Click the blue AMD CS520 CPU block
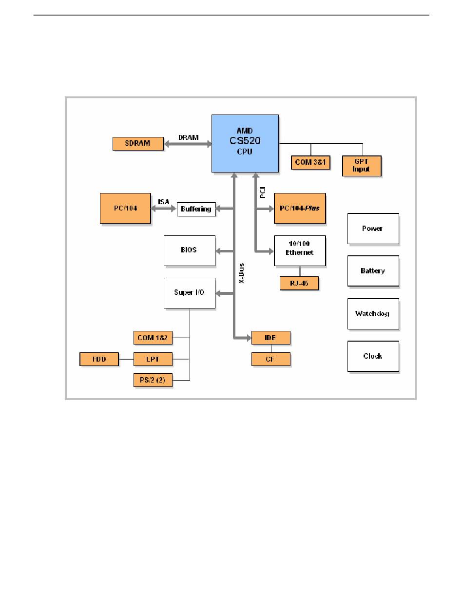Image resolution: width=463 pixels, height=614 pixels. coord(245,143)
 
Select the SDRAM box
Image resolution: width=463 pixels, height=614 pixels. coord(138,143)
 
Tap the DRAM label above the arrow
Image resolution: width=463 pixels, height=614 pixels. coord(189,137)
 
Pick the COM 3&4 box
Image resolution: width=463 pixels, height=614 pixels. coord(310,162)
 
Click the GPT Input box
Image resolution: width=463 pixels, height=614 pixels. coord(362,166)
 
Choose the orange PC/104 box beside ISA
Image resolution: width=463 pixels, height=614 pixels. coord(125,208)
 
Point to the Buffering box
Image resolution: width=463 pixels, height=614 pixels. coord(196,209)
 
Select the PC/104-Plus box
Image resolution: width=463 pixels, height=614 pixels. coord(300,208)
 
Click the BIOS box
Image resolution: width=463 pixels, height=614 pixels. coord(190,250)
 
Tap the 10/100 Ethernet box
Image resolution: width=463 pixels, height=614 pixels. coord(300,250)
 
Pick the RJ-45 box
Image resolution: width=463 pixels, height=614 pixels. coord(299,283)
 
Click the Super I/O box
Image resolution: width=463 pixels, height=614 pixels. coord(190,293)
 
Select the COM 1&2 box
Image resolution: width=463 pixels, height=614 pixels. coord(153,338)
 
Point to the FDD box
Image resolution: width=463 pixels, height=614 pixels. coord(99,359)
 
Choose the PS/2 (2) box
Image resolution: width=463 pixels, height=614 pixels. coord(153,380)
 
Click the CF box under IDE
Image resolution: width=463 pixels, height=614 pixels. coord(271,359)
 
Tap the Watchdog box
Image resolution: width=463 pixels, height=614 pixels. coord(373,313)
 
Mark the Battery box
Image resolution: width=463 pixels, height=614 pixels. coord(373,271)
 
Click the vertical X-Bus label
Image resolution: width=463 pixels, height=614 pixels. coord(241,273)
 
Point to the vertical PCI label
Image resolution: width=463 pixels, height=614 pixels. coord(263,192)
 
